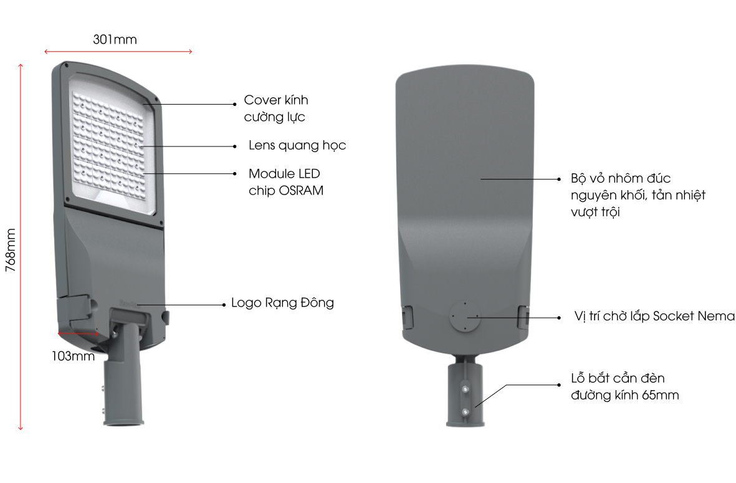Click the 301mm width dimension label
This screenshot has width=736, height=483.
pyautogui.click(x=115, y=39)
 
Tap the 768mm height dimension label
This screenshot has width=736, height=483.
pyautogui.click(x=11, y=250)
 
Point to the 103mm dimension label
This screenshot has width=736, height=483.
pyautogui.click(x=73, y=356)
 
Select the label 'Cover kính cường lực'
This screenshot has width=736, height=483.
pyautogui.click(x=276, y=108)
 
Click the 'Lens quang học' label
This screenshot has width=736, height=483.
pyautogui.click(x=297, y=145)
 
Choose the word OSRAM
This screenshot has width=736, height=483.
pyautogui.click(x=301, y=191)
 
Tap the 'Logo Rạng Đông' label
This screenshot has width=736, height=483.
pyautogui.click(x=282, y=303)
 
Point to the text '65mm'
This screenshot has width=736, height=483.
pyautogui.click(x=661, y=395)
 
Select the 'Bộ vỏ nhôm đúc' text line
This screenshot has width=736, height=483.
pyautogui.click(x=621, y=178)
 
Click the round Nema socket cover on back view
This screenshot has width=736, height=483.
pyautogui.click(x=465, y=317)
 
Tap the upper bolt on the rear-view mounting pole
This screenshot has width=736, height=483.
pyautogui.click(x=465, y=389)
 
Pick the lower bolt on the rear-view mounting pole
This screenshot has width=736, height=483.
pyautogui.click(x=465, y=412)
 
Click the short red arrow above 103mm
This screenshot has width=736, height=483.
pyautogui.click(x=78, y=333)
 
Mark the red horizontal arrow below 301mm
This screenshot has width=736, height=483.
pyautogui.click(x=118, y=51)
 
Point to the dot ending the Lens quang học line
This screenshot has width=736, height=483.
pyautogui.click(x=235, y=146)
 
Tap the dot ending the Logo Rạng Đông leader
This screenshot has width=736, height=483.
pyautogui.click(x=224, y=305)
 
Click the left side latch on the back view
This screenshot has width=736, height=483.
pyautogui.click(x=407, y=317)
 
